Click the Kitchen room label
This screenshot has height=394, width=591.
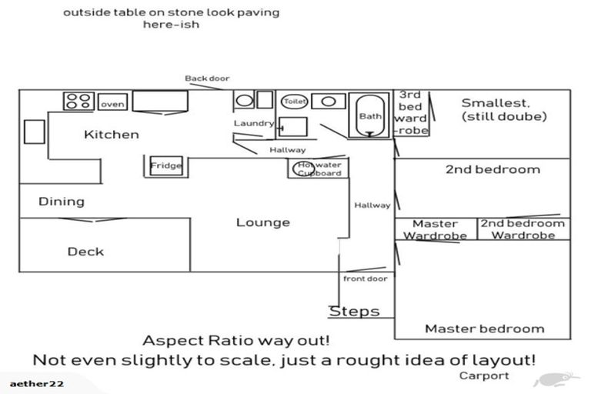pyautogui.click(x=112, y=135)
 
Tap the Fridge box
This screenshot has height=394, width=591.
pyautogui.click(x=165, y=165)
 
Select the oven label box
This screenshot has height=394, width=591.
pyautogui.click(x=112, y=104)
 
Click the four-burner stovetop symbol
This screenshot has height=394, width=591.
pyautogui.click(x=78, y=101)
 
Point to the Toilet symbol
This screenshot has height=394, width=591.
pyautogui.click(x=295, y=101)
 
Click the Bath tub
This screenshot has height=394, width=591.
pyautogui.click(x=370, y=116)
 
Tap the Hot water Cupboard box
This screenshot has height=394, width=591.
pyautogui.click(x=319, y=169)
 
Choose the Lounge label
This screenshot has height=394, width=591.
pyautogui.click(x=262, y=222)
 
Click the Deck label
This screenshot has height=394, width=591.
pyautogui.click(x=85, y=252)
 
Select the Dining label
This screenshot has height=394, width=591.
pyautogui.click(x=62, y=202)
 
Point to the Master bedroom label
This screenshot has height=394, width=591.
pyautogui.click(x=484, y=329)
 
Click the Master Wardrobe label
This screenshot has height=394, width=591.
pyautogui.click(x=436, y=229)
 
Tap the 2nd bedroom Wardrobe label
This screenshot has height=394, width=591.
pyautogui.click(x=523, y=229)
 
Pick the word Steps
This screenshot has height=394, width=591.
pyautogui.click(x=355, y=312)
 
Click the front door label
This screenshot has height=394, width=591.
pyautogui.click(x=366, y=279)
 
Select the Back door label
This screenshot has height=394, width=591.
pyautogui.click(x=207, y=78)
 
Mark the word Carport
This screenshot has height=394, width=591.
pyautogui.click(x=484, y=376)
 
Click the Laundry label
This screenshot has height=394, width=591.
pyautogui.click(x=253, y=123)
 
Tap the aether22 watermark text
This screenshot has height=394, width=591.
pyautogui.click(x=37, y=383)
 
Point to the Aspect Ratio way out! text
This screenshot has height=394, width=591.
pyautogui.click(x=236, y=340)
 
